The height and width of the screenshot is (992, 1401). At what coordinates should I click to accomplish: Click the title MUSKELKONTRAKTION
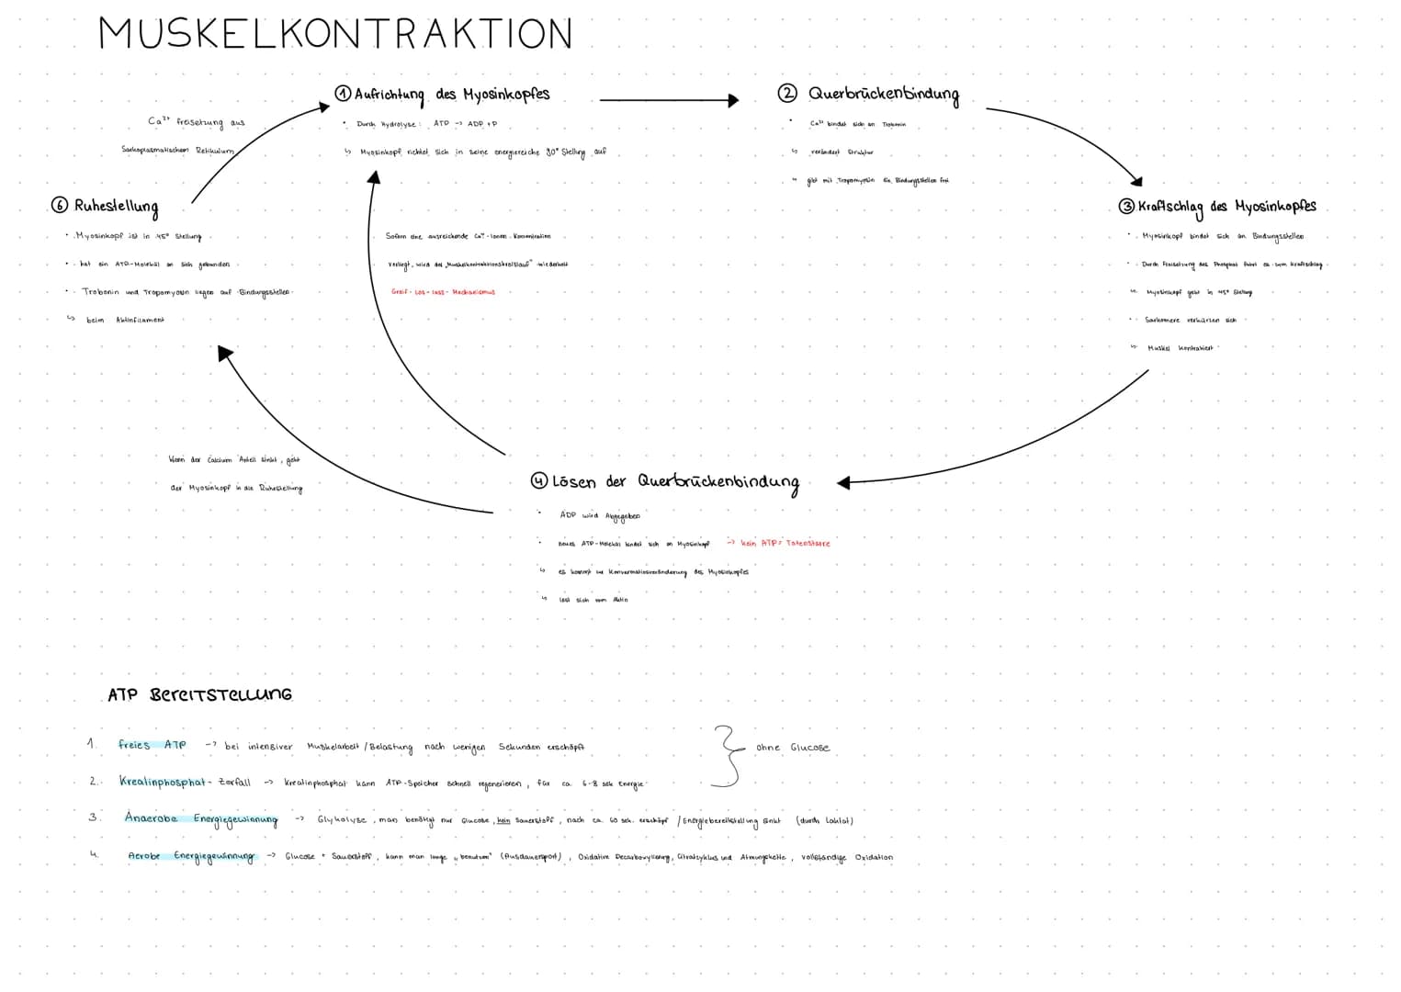[335, 35]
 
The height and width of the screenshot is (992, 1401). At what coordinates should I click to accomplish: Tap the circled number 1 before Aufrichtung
[343, 94]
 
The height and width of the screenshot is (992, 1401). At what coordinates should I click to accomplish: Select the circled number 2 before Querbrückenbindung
[787, 93]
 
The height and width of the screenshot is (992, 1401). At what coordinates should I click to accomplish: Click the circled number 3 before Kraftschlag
[1126, 207]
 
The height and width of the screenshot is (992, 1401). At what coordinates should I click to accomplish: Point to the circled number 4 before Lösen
[539, 481]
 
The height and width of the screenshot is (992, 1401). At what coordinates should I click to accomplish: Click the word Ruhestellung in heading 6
[117, 208]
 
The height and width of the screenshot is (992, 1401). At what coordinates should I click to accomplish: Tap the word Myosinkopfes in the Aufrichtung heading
[505, 95]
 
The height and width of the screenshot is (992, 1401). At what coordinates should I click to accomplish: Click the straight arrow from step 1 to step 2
[669, 100]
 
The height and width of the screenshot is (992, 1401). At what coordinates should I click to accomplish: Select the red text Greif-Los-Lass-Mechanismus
[443, 292]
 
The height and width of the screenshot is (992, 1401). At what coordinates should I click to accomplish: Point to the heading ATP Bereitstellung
[199, 694]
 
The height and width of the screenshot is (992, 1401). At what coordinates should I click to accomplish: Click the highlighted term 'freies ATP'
[153, 745]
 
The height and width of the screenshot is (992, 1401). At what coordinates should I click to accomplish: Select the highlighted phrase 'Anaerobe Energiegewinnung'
[200, 818]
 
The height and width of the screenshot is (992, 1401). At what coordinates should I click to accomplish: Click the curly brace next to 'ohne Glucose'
[728, 755]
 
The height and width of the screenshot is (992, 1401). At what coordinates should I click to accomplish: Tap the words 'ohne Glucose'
[792, 748]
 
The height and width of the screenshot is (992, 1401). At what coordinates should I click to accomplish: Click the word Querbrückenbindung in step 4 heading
[718, 481]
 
